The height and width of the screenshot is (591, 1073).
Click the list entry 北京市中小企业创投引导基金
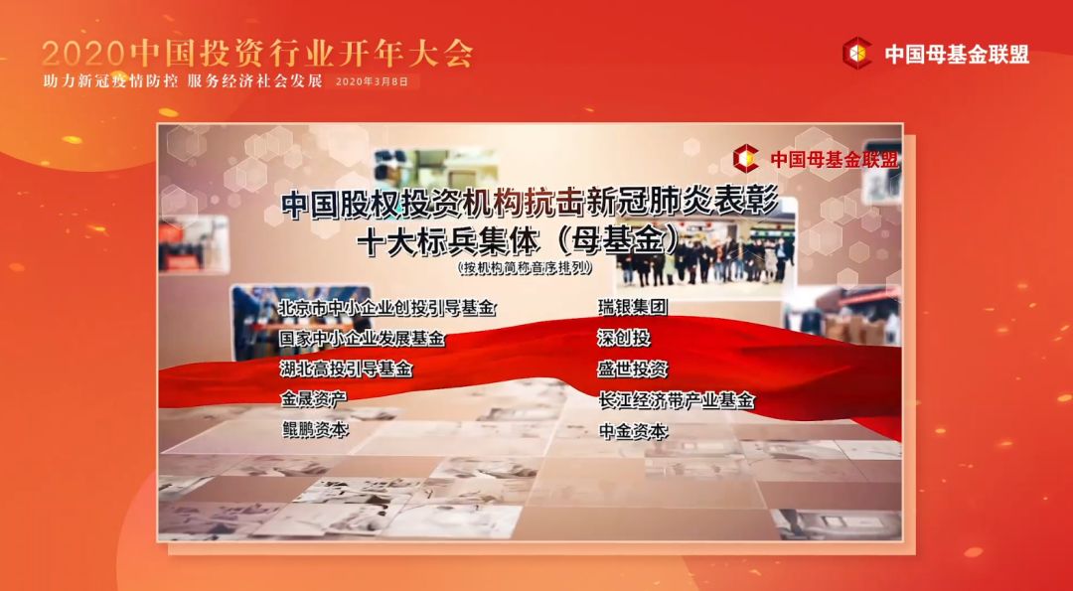[x=386, y=308]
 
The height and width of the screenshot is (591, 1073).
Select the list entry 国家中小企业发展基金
[x=362, y=338]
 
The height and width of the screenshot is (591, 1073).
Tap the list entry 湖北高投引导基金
[x=347, y=369]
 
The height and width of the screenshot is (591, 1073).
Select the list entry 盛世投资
[x=632, y=369]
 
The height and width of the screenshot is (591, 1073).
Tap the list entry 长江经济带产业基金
[x=677, y=400]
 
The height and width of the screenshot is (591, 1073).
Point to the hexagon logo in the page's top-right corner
[x=856, y=53]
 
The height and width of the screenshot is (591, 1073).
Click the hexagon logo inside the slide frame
[x=746, y=159]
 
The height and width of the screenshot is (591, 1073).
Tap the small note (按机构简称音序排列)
[x=526, y=268]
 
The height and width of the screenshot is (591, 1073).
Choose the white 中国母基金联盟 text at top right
[x=957, y=54]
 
